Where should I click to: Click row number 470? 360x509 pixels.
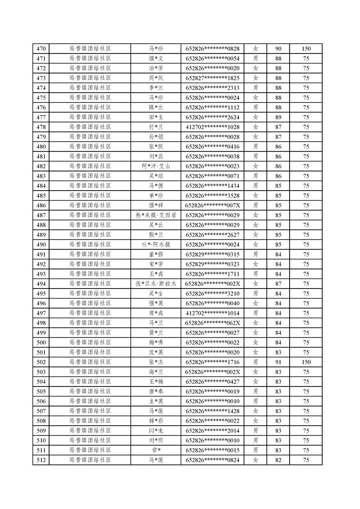point(41,49)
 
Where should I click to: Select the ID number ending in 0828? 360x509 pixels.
point(212,49)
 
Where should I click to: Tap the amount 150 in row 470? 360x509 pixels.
point(306,49)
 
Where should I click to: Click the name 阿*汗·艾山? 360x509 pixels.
point(156,166)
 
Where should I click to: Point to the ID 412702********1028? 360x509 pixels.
point(212,127)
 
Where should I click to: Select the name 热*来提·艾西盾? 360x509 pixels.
point(156,215)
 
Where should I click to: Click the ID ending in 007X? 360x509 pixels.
point(212,206)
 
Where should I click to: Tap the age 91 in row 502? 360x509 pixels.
point(278,362)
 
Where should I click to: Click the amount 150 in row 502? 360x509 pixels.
point(306,362)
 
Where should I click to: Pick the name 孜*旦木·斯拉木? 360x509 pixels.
point(156,284)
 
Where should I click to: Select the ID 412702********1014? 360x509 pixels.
point(212,313)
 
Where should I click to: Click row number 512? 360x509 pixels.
point(41,460)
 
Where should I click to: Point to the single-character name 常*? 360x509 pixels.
point(156,450)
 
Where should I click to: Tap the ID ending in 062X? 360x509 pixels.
point(212,323)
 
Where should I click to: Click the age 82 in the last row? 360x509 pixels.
point(278,460)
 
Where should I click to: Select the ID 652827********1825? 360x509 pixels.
point(212,78)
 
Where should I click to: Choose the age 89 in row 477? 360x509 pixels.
point(278,117)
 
